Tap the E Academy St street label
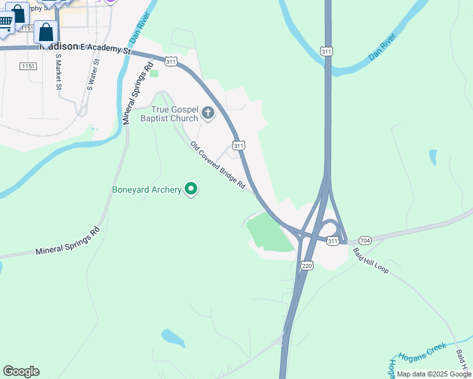click(x=104, y=49)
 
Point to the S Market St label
click(x=58, y=71)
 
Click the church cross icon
click(x=208, y=114)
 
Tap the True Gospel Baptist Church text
click(x=175, y=114)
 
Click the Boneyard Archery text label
click(x=147, y=189)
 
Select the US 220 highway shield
click(x=307, y=267)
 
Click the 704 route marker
click(x=364, y=241)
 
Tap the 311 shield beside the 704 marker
click(x=333, y=241)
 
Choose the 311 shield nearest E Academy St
click(x=171, y=61)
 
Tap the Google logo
click(x=21, y=371)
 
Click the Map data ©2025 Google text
click(x=433, y=374)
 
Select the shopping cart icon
click(x=5, y=23)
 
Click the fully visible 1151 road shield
click(x=28, y=66)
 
